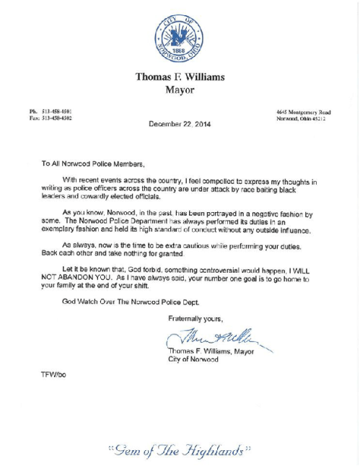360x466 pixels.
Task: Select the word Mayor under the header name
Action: [x=179, y=91]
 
